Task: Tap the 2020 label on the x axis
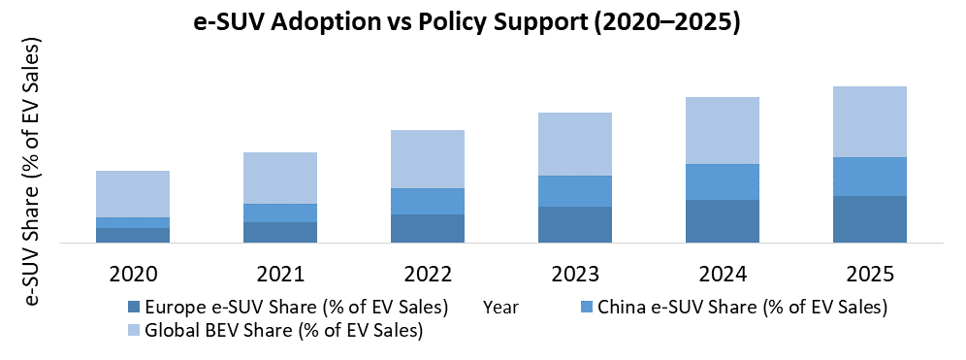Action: tap(133, 273)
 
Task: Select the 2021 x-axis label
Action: tap(280, 273)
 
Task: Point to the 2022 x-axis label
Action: tap(428, 273)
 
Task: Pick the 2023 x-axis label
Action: tap(575, 273)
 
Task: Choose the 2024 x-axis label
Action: tap(723, 273)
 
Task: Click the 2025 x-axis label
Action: tap(870, 273)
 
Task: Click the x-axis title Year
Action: tap(500, 309)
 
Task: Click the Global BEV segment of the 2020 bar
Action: tap(133, 194)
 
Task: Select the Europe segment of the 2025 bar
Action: tap(870, 219)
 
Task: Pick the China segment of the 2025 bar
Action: tap(870, 177)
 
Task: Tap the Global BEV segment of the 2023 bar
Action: tap(575, 144)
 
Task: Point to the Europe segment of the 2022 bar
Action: tap(428, 228)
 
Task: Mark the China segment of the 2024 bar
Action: tap(723, 181)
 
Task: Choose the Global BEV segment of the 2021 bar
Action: tap(280, 178)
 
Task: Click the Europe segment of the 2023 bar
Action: tap(575, 224)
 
